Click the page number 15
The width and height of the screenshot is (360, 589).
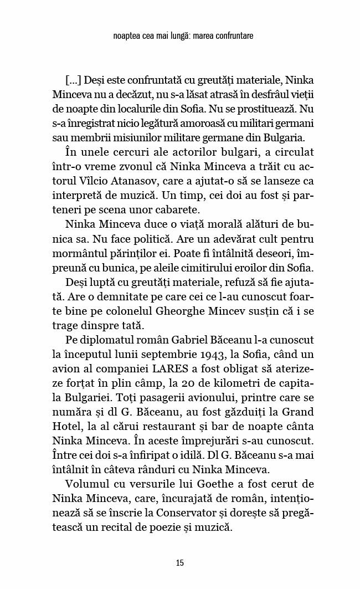[179, 563]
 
